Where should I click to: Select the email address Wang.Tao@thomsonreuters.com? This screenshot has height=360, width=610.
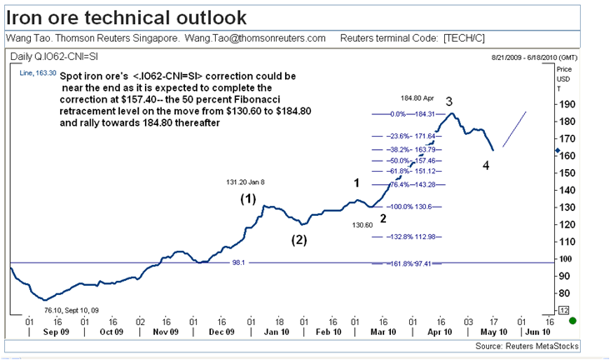[x=255, y=38]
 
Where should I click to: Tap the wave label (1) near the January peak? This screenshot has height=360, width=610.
[x=247, y=199]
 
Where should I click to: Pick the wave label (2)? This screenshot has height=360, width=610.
[x=298, y=240]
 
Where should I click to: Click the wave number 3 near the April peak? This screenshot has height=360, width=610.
[x=448, y=102]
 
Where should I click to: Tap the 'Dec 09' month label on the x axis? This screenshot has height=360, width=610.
[x=222, y=331]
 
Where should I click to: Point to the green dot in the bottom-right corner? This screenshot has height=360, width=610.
[x=572, y=320]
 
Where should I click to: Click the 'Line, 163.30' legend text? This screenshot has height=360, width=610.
[x=37, y=73]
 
